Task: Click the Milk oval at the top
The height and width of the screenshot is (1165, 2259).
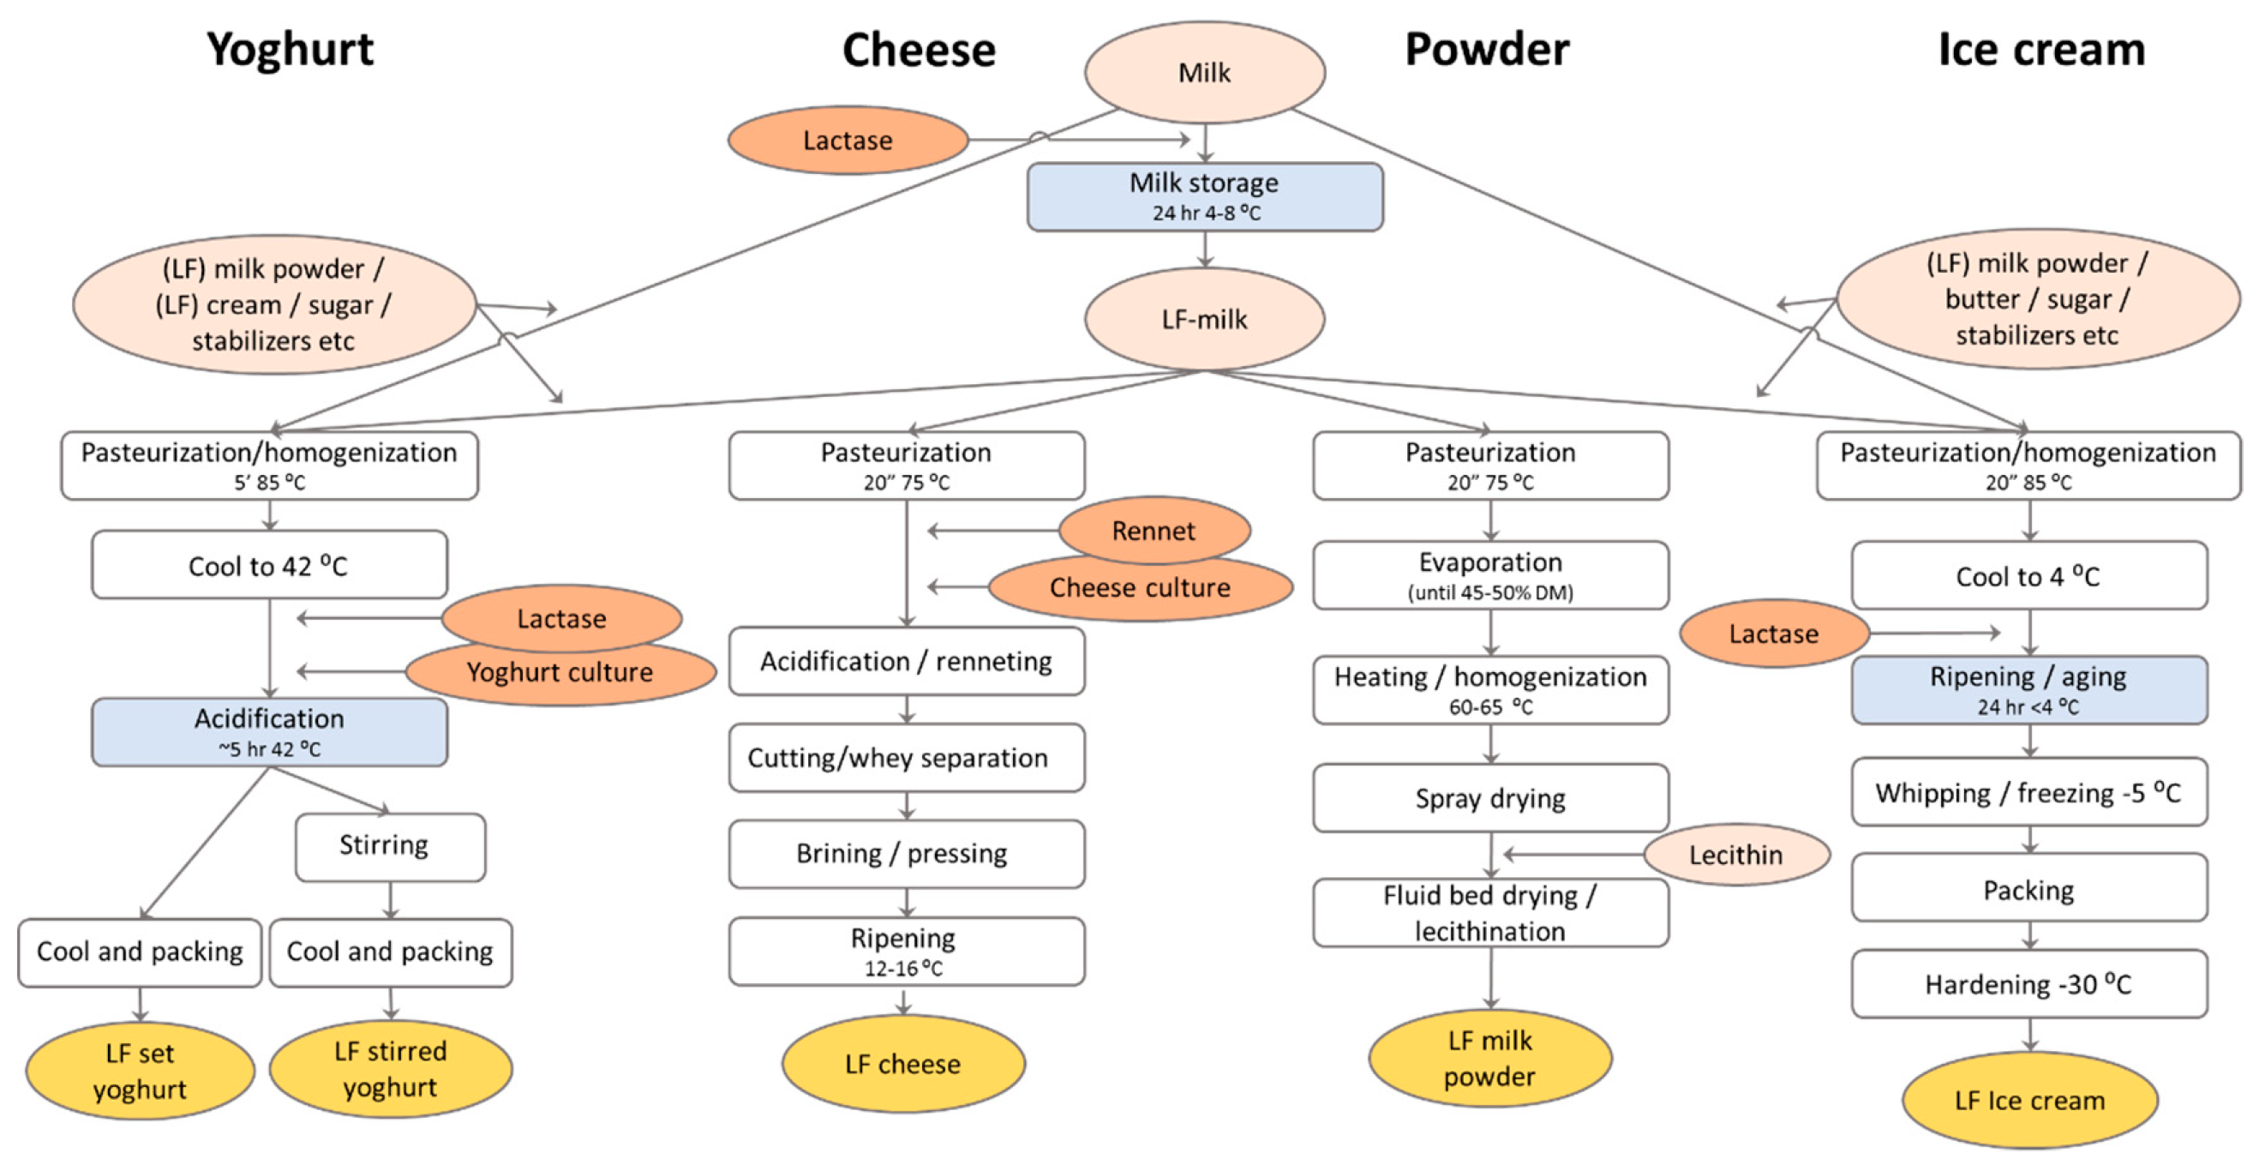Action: point(1204,72)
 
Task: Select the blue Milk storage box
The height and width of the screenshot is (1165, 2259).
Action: point(1204,196)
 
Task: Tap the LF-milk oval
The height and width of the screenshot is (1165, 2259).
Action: point(1204,319)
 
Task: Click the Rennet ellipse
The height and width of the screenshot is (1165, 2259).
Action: point(1154,530)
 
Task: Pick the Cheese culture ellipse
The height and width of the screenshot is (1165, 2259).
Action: point(1140,588)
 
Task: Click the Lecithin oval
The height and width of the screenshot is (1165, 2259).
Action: point(1736,855)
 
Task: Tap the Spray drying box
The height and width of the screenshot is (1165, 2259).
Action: point(1490,798)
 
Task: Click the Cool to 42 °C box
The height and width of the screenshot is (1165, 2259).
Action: point(269,566)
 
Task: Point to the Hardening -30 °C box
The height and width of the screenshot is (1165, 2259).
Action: point(2028,984)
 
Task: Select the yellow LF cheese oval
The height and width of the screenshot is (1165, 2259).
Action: point(903,1064)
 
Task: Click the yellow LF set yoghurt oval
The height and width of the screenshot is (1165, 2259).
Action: point(141,1070)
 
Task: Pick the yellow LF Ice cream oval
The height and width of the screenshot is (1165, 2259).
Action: point(2029,1100)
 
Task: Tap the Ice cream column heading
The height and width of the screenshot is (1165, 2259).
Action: point(2040,49)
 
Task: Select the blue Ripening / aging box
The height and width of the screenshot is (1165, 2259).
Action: point(2028,689)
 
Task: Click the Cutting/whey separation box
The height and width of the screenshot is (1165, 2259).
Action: point(906,758)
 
